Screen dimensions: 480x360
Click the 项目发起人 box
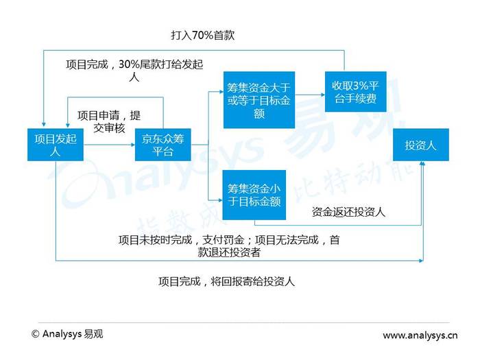point(56,145)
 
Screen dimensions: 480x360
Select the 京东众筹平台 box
point(163,145)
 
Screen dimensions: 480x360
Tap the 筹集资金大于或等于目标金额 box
point(259,100)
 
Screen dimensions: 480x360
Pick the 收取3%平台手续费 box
point(355,91)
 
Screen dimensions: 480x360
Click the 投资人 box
point(421,145)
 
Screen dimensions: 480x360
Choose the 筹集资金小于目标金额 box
point(254,195)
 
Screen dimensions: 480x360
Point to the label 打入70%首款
point(203,35)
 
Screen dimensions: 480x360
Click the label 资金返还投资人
point(348,212)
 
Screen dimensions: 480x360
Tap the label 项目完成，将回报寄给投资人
point(226,281)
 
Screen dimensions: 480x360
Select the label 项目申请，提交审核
point(109,121)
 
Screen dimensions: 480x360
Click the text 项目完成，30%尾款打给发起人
point(134,71)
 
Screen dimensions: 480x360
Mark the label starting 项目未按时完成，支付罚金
point(229,245)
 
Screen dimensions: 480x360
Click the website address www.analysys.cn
point(420,335)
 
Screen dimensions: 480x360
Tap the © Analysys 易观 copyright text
point(67,334)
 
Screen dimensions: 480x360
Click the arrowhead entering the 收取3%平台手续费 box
point(323,95)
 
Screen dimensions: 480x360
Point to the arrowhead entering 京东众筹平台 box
point(133,145)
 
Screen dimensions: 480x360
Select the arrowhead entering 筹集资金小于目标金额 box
point(220,200)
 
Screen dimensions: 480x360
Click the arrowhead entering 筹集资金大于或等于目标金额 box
point(221,91)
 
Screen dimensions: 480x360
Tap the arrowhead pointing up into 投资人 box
point(422,163)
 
